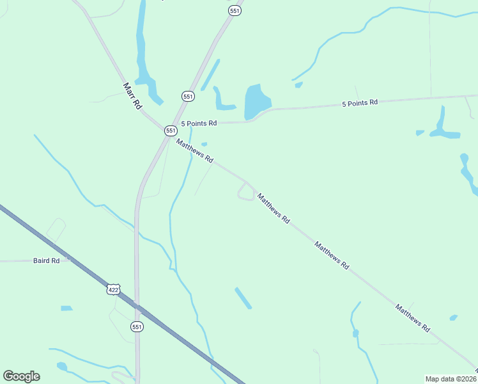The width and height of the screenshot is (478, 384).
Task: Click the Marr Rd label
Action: (x=132, y=95)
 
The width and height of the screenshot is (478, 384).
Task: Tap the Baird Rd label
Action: (x=46, y=261)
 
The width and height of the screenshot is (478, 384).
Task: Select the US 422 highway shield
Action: (x=113, y=289)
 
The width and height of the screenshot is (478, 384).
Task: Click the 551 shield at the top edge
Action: (x=235, y=11)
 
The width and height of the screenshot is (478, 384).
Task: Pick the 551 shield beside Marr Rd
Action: (x=187, y=96)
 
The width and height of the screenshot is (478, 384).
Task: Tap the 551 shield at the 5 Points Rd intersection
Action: (x=171, y=130)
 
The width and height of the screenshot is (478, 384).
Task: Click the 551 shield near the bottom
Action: (x=137, y=326)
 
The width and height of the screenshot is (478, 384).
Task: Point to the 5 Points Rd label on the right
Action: (x=360, y=102)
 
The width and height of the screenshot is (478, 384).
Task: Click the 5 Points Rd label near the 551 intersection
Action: (x=199, y=123)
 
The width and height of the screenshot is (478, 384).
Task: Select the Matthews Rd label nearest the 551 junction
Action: (x=195, y=151)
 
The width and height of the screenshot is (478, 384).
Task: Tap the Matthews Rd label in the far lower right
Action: (x=412, y=317)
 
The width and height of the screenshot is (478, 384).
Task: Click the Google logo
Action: (x=21, y=376)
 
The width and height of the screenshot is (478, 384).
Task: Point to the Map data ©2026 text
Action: (x=451, y=378)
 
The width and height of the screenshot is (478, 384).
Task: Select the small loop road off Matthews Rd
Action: (x=245, y=192)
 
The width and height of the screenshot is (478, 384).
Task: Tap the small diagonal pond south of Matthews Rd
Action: (x=243, y=298)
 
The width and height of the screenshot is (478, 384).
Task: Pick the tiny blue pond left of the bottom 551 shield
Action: (x=66, y=308)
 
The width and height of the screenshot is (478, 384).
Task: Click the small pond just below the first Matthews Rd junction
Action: (x=204, y=144)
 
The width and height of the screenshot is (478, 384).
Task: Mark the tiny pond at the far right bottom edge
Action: (x=453, y=317)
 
